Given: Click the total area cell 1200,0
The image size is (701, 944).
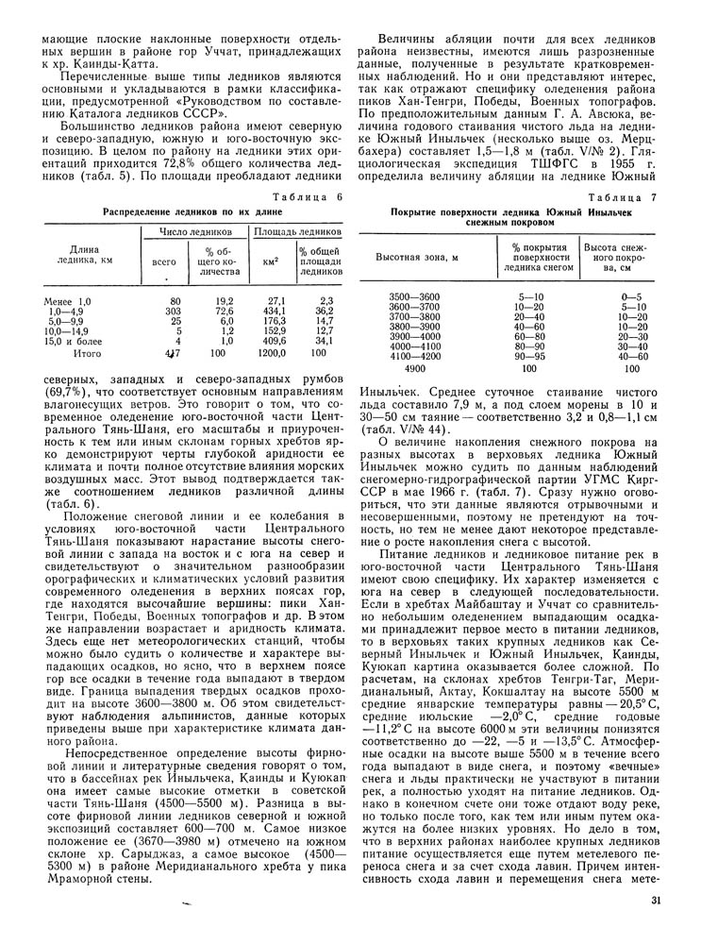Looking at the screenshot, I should click(272, 352).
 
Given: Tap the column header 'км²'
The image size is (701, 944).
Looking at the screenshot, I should click(270, 259).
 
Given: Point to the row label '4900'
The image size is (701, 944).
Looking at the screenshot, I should click(413, 368).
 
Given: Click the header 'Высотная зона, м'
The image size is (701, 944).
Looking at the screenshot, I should click(417, 257).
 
